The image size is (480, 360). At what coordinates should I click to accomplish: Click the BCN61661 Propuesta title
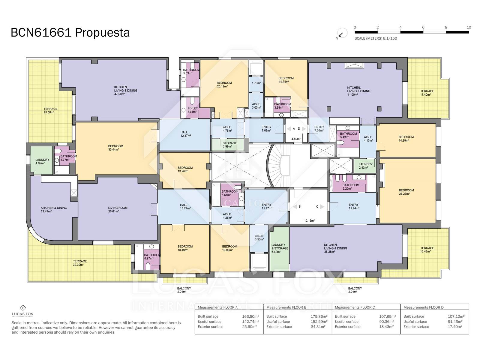pyautogui.click(x=70, y=33)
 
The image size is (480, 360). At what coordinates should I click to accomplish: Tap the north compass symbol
pyautogui.click(x=342, y=33)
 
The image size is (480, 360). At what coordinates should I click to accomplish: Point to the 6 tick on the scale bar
pyautogui.click(x=423, y=28)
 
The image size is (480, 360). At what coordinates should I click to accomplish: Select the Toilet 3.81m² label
pyautogui.click(x=192, y=110)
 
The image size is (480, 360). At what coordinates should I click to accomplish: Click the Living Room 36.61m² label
pyautogui.click(x=117, y=210)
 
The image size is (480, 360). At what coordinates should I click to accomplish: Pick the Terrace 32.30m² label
pyautogui.click(x=79, y=263)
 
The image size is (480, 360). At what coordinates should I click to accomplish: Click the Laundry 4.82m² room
pyautogui.click(x=41, y=160)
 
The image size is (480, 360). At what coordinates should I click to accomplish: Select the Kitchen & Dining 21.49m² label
pyautogui.click(x=54, y=210)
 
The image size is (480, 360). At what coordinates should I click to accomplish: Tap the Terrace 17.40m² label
pyautogui.click(x=427, y=93)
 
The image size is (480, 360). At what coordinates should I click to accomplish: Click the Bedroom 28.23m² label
pyautogui.click(x=406, y=192)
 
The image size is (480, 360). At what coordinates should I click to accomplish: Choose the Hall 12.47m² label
pyautogui.click(x=185, y=134)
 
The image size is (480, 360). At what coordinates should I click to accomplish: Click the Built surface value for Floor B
pyautogui.click(x=319, y=316)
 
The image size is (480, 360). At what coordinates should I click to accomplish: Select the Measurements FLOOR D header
pyautogui.click(x=423, y=307)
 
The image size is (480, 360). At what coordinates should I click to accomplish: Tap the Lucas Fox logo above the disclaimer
pyautogui.click(x=23, y=310)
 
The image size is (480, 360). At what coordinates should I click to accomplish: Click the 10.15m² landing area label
pyautogui.click(x=309, y=220)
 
